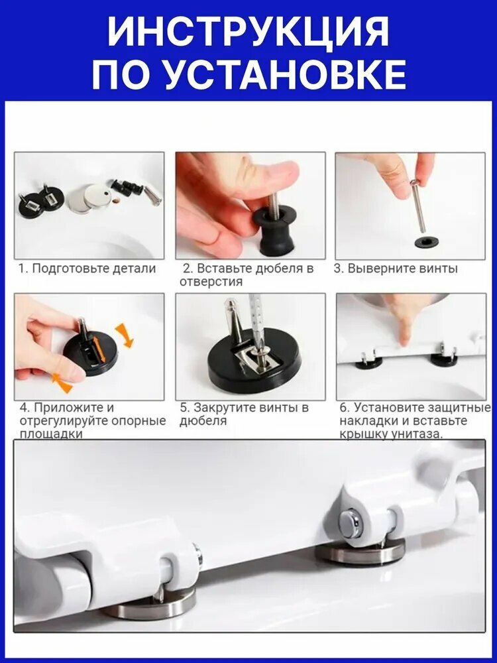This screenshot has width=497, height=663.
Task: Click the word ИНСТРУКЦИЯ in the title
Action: coord(248,32)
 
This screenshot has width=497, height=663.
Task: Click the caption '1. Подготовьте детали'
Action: coord(87,269)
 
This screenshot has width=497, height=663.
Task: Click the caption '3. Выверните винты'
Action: coord(396,269)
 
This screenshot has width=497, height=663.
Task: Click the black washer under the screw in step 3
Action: coord(426,242)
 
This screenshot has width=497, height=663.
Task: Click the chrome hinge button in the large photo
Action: coord(351,524)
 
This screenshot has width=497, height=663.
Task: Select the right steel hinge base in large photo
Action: coord(360,552)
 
